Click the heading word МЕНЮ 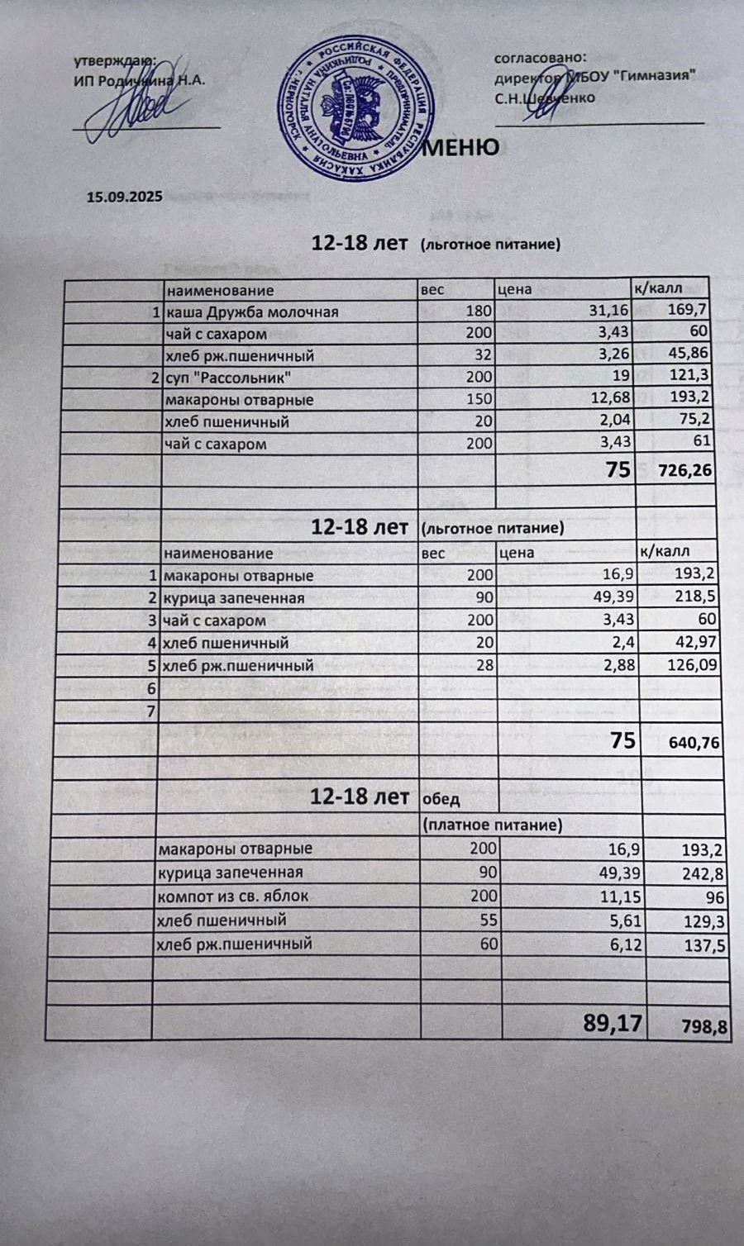[460, 147]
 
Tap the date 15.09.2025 [124, 197]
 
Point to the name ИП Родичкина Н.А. [139, 80]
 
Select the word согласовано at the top [540, 58]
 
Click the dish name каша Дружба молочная [252, 312]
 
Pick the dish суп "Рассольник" [228, 378]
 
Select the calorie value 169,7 [692, 311]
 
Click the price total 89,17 [613, 1023]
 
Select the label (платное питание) [492, 825]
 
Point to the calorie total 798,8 [704, 1027]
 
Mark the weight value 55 [488, 920]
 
